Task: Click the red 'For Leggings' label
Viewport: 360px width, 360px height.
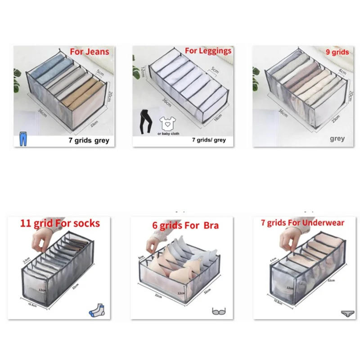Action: point(208,50)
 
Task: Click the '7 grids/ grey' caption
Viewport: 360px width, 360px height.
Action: point(209,140)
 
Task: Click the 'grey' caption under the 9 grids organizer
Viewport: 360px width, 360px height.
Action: point(337,139)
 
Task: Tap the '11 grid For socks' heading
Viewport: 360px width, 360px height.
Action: point(60,223)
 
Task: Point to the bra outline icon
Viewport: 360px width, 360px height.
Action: point(218,311)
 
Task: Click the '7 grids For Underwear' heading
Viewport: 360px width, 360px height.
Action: point(302,223)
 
